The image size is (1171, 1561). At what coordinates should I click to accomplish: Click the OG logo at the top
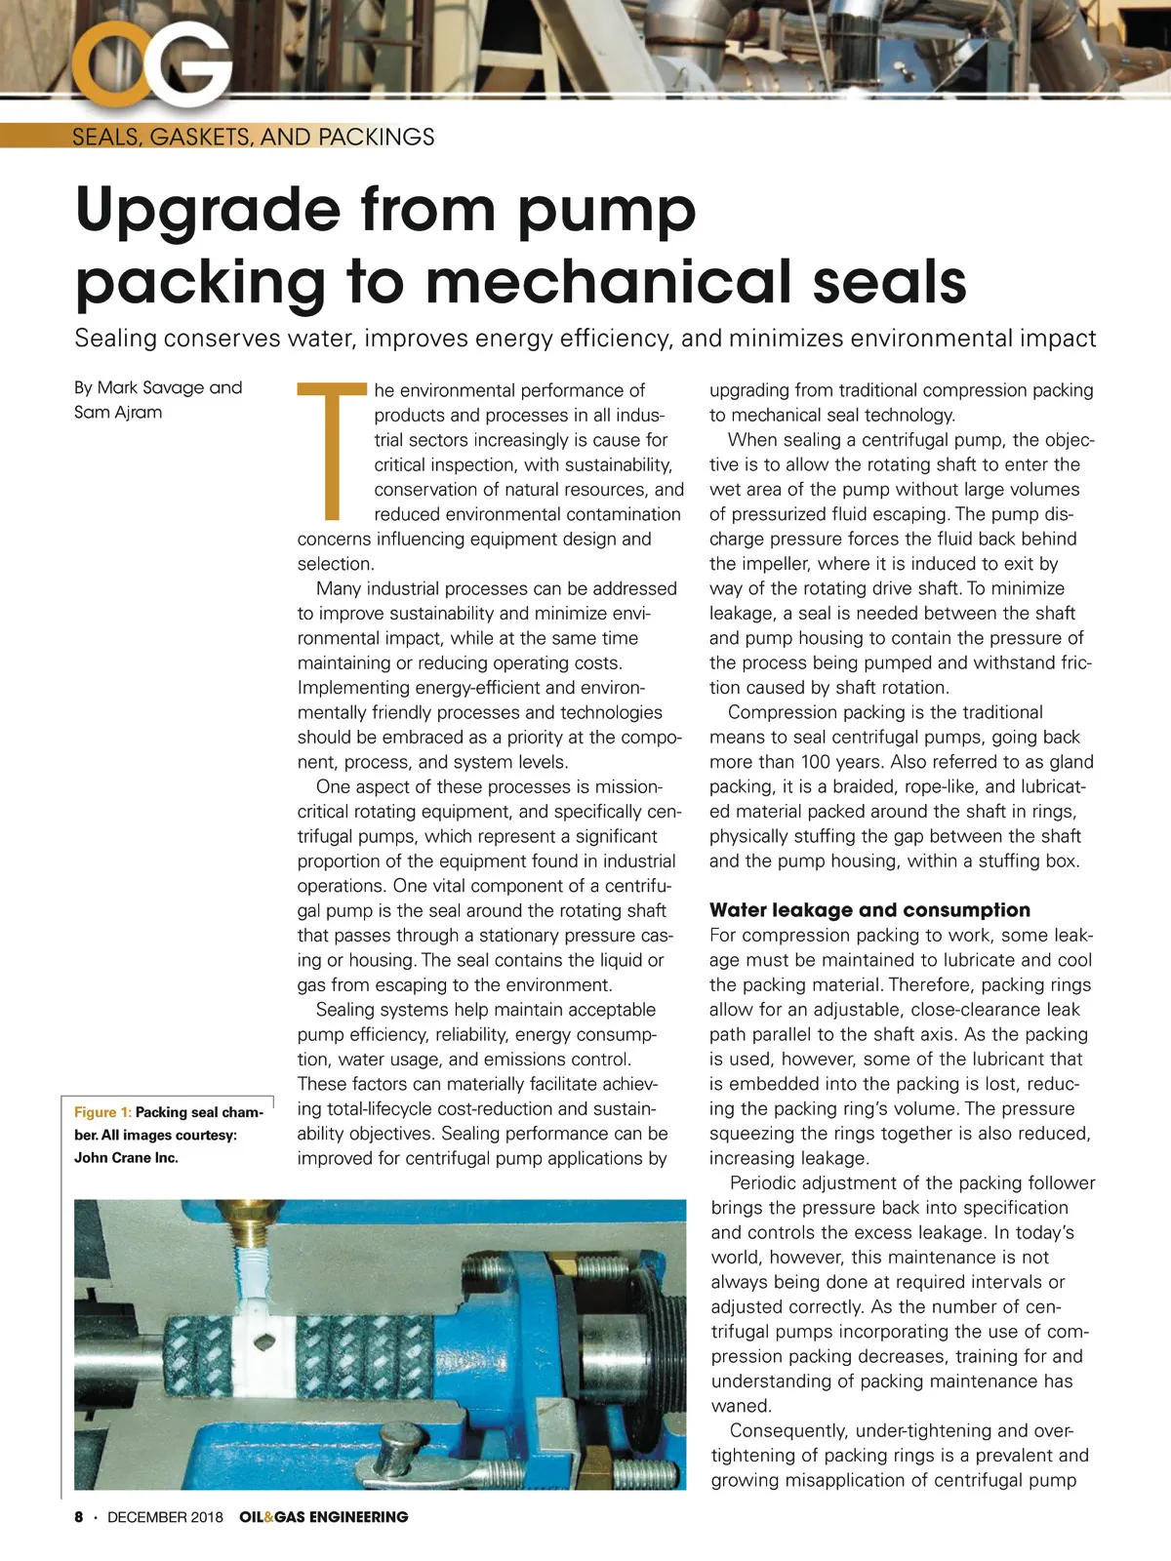pos(151,63)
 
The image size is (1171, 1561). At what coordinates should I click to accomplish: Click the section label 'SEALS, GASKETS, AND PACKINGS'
pos(253,137)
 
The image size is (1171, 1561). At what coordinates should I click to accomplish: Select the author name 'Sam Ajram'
pos(118,412)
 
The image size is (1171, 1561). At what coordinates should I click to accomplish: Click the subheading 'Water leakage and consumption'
pos(869,910)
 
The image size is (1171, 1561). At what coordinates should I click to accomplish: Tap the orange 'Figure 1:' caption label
pos(102,1112)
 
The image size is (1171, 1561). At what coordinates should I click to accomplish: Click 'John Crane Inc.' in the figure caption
pos(126,1158)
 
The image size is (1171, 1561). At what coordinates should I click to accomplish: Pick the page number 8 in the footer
pos(79,1517)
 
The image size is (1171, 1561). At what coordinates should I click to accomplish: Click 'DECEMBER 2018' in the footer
pos(165,1517)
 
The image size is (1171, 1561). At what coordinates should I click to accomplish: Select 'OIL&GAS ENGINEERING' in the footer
pos(324,1517)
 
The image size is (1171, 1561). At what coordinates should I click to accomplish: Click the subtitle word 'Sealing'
pos(115,339)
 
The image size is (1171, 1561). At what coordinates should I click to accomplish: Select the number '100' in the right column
pos(817,762)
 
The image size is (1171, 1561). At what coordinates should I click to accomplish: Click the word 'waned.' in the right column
pos(741,1406)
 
